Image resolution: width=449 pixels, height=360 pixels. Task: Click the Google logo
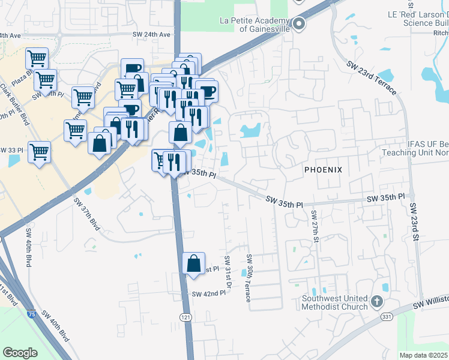[20, 352]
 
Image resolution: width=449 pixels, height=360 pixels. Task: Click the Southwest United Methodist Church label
[334, 303]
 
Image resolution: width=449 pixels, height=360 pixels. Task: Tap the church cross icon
[376, 301]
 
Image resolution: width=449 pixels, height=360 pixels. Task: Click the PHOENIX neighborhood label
[323, 170]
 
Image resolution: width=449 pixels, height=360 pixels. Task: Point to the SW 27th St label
[314, 226]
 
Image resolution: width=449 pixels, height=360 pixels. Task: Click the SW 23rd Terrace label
[371, 77]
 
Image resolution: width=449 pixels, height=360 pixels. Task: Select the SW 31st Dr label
[228, 271]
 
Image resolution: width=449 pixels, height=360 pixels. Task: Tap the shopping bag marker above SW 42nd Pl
[194, 262]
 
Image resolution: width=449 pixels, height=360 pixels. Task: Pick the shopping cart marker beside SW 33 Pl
[39, 151]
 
